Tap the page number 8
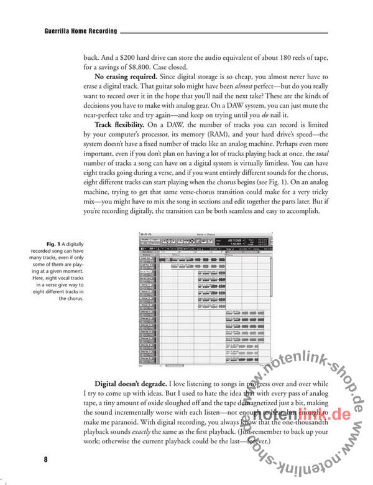click(45, 460)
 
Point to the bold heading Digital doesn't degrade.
click(132, 383)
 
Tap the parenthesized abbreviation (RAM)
click(233, 139)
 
